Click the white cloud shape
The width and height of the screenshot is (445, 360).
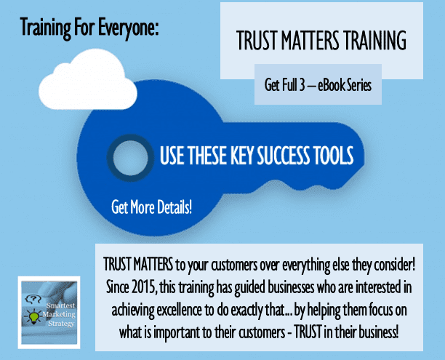[87, 80]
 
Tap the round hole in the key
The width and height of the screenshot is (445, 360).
[131, 158]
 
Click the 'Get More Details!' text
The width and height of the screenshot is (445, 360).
[151, 207]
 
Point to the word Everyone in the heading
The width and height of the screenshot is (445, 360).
[128, 28]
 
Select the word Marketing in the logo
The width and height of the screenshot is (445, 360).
[59, 315]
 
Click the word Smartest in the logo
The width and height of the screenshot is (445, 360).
[60, 305]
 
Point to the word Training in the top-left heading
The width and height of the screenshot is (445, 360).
[45, 28]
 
